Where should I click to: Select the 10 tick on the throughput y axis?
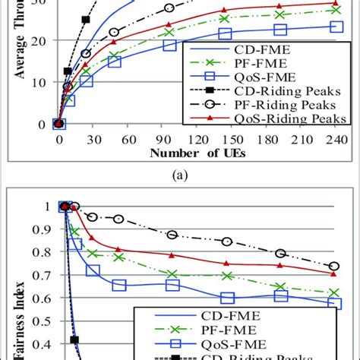coord(42,82)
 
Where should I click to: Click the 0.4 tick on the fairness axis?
coord(46,343)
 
